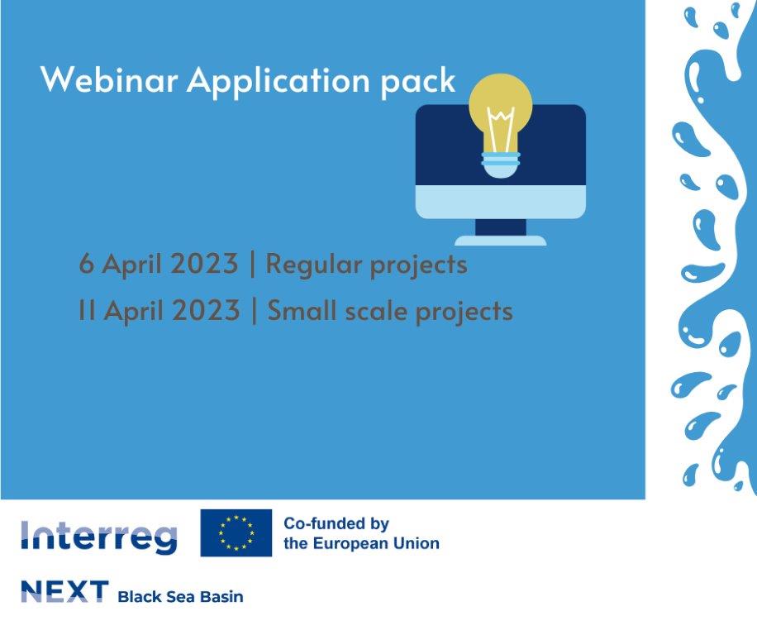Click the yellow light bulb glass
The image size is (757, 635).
[501, 111]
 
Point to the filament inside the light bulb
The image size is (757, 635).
[501, 130]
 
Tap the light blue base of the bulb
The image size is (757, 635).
[501, 165]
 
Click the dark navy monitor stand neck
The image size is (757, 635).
[501, 227]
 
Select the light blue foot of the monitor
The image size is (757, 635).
[501, 241]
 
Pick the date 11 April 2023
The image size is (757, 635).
[159, 311]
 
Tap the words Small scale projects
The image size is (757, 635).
[390, 311]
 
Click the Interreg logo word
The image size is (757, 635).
[99, 537]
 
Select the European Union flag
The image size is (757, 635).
[236, 533]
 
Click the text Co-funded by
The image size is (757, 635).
[336, 524]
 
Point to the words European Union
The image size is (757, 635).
[376, 544]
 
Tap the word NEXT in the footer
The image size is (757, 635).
[64, 591]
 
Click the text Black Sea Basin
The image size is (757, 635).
[180, 597]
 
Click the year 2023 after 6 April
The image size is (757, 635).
[205, 264]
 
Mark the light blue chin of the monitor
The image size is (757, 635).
[501, 203]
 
